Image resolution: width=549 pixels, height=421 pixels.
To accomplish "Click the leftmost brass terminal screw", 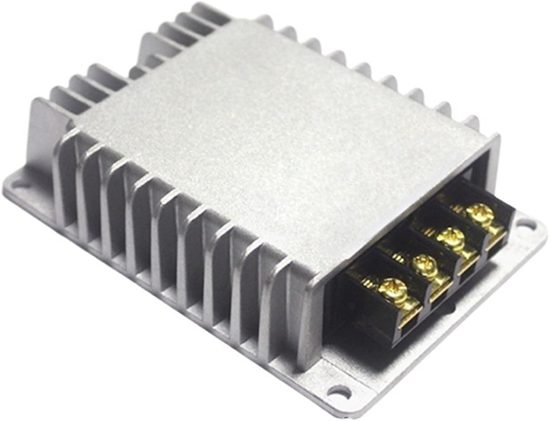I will coord(394,289).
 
